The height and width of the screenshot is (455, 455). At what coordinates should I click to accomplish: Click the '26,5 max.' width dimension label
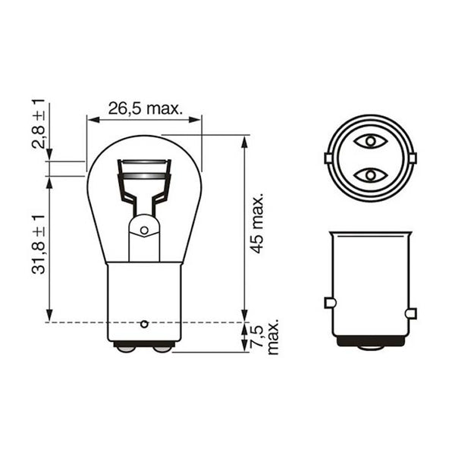tap(145, 108)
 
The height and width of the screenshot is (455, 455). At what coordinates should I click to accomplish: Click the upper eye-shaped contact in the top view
tap(369, 141)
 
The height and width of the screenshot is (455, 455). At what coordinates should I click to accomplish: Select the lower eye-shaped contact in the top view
tap(369, 176)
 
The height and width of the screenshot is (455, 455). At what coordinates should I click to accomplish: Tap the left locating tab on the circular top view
tap(328, 158)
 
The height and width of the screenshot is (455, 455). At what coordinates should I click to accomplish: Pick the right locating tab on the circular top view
tap(412, 158)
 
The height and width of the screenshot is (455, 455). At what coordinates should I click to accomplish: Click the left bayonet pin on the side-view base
tap(329, 303)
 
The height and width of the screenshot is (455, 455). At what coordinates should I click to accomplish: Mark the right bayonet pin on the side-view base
tap(411, 313)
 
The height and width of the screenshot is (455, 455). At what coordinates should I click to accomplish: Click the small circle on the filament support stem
tap(144, 230)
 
